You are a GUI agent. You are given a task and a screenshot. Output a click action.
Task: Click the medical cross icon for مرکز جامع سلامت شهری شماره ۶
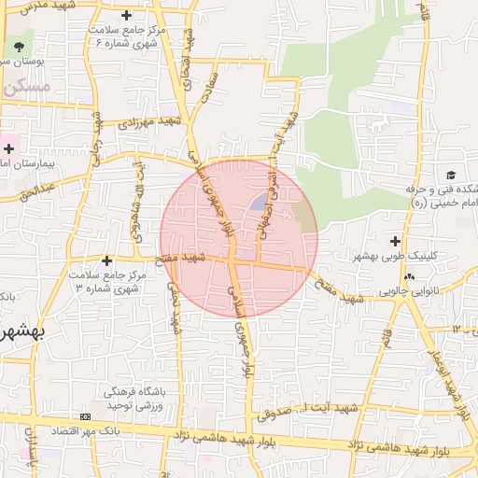click(127, 16)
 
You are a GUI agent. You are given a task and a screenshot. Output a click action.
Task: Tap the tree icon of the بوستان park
click(20, 47)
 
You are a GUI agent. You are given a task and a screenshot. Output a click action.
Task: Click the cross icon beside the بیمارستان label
click(8, 148)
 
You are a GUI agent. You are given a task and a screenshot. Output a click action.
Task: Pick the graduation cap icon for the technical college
click(451, 176)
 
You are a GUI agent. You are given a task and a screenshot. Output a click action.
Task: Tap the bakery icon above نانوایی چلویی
click(409, 276)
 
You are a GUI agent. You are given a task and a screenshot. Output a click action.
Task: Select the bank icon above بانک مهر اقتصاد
click(86, 415)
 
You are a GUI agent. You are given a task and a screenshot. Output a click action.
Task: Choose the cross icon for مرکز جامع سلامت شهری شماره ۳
click(106, 260)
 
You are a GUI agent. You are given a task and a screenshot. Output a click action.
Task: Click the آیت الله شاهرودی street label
click(138, 193)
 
